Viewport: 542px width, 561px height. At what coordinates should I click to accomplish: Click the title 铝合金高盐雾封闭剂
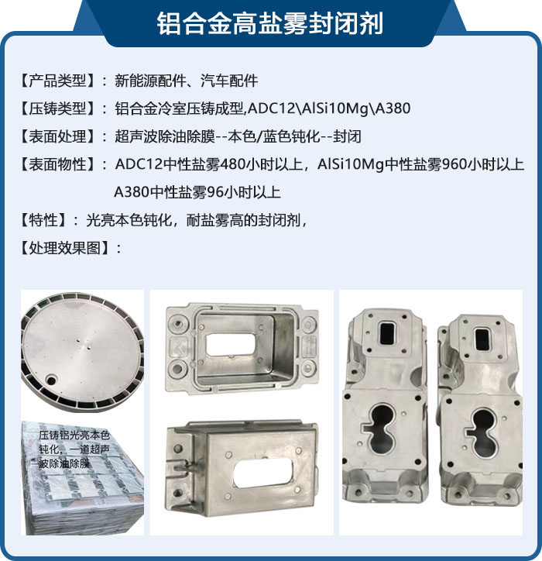(270, 23)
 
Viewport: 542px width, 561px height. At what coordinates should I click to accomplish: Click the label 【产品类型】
(57, 81)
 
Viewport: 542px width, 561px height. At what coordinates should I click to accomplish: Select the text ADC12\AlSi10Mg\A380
(328, 108)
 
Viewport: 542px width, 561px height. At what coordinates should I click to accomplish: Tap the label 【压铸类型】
(57, 108)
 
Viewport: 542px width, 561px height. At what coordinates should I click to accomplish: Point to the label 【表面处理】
(57, 136)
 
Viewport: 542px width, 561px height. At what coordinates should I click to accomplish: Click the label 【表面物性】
(57, 164)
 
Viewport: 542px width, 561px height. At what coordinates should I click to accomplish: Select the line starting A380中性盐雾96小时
(197, 192)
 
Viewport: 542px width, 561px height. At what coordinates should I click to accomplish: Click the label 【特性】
(43, 220)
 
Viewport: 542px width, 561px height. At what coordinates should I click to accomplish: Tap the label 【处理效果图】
(64, 248)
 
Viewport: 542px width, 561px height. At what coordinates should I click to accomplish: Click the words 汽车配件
(229, 81)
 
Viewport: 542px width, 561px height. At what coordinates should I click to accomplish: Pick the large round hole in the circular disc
(51, 380)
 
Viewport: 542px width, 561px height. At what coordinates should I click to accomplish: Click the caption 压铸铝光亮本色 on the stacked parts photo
(74, 435)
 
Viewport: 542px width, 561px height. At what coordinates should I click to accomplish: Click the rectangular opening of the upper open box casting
(231, 345)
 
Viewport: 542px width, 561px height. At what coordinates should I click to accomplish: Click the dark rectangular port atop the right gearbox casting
(482, 339)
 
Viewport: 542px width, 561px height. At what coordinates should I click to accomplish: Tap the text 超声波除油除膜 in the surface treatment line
(165, 136)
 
